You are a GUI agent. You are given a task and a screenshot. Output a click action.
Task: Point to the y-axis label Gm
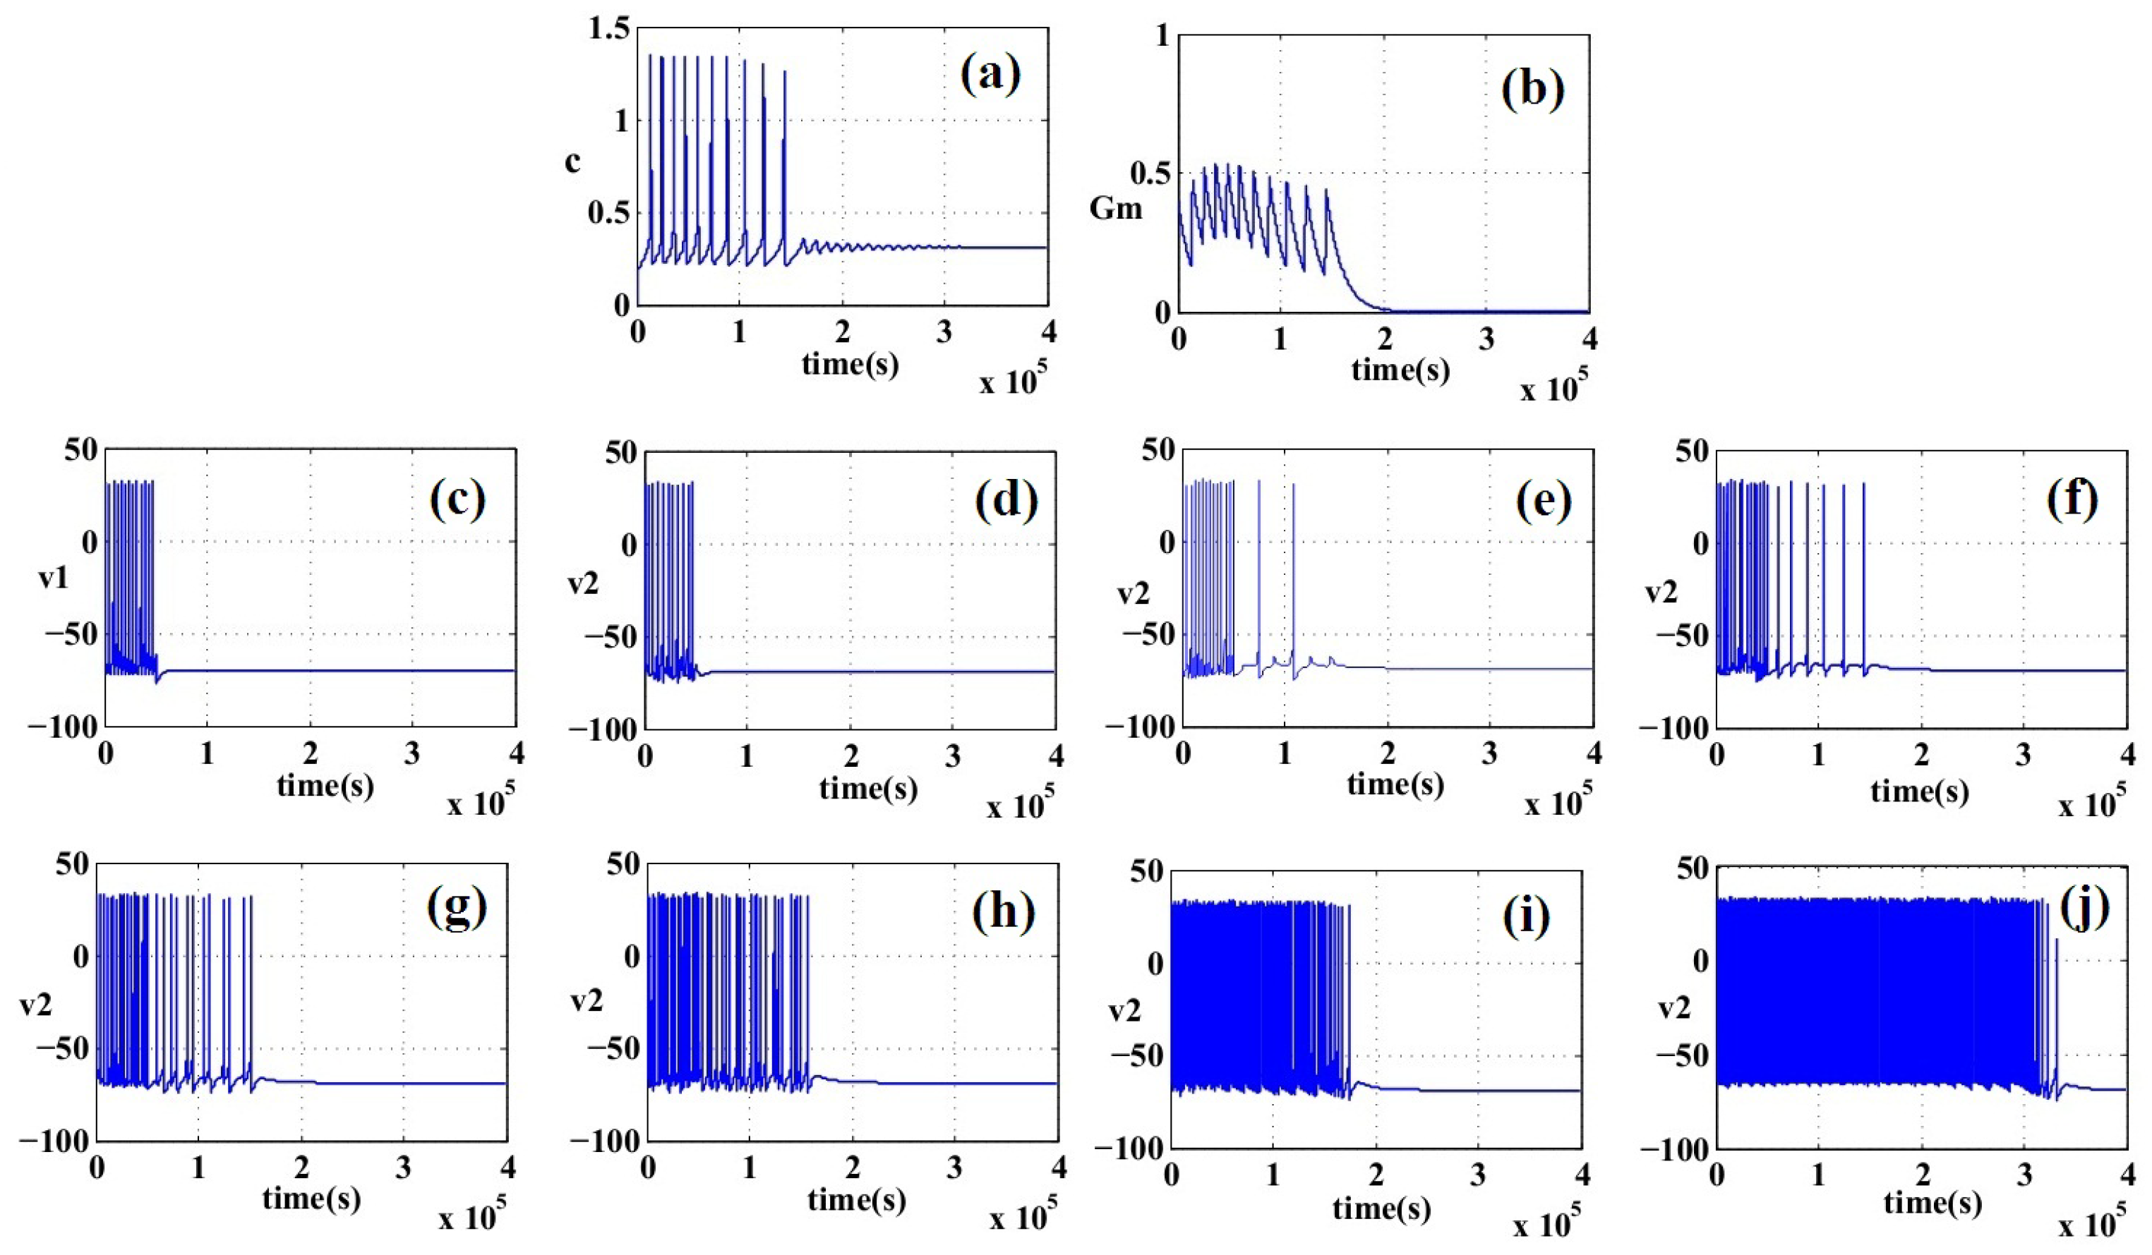tap(1115, 207)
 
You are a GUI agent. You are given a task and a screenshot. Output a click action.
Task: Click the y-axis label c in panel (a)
tap(573, 162)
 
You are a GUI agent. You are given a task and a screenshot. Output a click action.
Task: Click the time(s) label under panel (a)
tap(850, 364)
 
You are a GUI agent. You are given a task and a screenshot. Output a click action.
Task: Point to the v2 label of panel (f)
tap(1661, 590)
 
